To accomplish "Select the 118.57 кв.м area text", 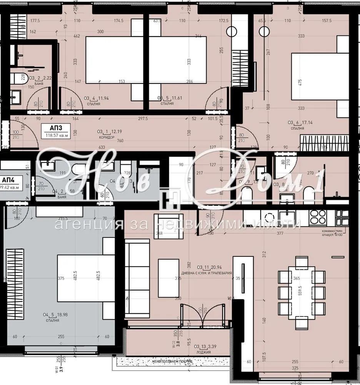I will [56, 135].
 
